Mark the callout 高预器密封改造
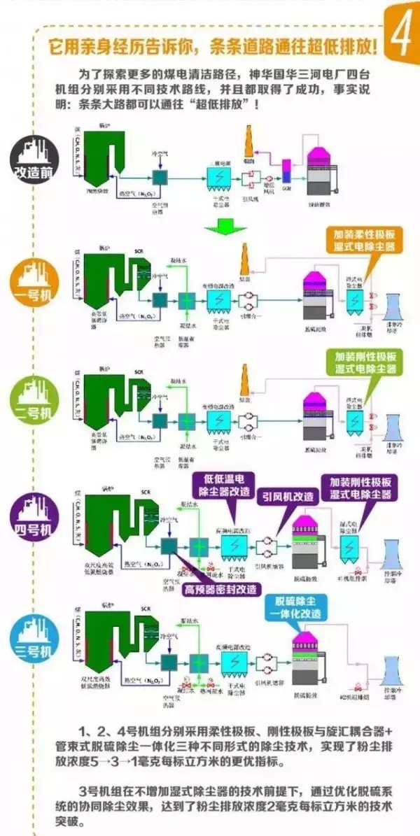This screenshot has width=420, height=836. (220, 589)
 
